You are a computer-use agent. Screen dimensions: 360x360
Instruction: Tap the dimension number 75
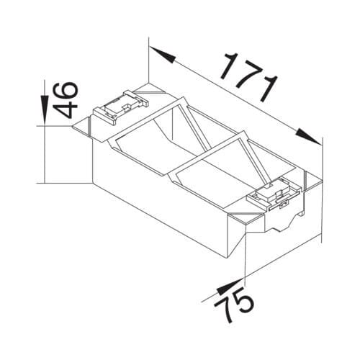[x=234, y=305]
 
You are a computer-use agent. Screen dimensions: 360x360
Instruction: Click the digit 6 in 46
[x=66, y=91]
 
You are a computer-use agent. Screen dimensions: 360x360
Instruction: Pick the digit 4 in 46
[x=66, y=110]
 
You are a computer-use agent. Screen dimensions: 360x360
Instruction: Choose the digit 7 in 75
[x=225, y=310]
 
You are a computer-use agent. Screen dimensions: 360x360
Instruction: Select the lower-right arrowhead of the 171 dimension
[x=308, y=138]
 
